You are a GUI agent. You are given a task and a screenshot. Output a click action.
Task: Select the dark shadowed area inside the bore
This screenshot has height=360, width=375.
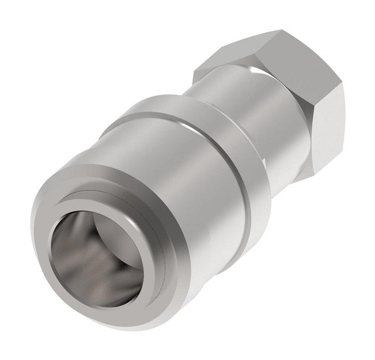tap(75, 259)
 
